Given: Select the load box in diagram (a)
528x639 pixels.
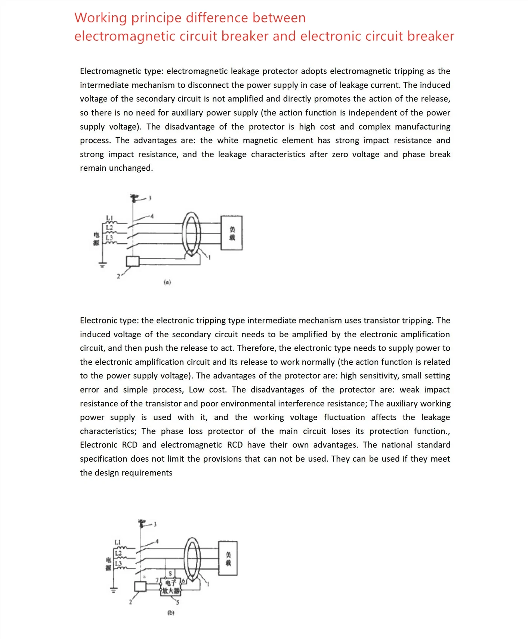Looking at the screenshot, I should (232, 233).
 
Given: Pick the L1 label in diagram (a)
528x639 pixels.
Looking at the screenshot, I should (109, 218).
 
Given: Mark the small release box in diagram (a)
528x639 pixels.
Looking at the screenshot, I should (133, 261).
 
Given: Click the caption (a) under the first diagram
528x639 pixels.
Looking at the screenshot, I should (167, 282).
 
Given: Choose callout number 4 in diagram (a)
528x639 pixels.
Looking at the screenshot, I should (152, 216).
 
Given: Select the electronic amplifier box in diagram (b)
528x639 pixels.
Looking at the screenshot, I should (170, 587).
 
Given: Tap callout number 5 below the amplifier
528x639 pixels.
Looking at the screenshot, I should (178, 602).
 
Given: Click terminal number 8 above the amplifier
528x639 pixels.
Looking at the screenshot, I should (170, 573).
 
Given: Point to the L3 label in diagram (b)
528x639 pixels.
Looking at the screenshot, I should (118, 564).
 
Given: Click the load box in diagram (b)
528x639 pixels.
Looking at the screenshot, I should (228, 558).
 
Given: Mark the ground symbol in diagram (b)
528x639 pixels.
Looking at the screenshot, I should (113, 591).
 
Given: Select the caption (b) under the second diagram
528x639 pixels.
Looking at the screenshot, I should (171, 613).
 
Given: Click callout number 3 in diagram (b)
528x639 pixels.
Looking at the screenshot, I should (155, 524).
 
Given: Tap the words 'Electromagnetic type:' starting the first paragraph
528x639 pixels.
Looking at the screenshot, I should (121, 71).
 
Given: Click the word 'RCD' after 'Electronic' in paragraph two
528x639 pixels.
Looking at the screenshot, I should (130, 445).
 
